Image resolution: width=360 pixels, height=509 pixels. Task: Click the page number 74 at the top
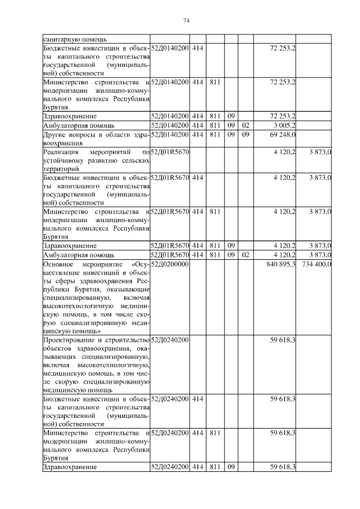pos(186,21)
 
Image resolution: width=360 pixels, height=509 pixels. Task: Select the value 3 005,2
pos(283,125)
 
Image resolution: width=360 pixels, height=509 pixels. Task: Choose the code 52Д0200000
pos(169,264)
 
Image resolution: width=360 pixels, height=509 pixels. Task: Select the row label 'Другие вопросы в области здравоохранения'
pos(96,139)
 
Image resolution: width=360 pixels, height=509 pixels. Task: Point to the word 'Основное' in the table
pos(58,264)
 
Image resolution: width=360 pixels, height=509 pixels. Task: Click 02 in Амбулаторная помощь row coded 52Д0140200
pos(245,125)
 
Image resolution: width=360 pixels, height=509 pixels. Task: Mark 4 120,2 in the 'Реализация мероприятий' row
pos(283,152)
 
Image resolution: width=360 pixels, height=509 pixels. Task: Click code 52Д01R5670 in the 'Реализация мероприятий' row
pos(170,152)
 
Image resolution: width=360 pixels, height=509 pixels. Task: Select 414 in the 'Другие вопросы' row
pos(197,134)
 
